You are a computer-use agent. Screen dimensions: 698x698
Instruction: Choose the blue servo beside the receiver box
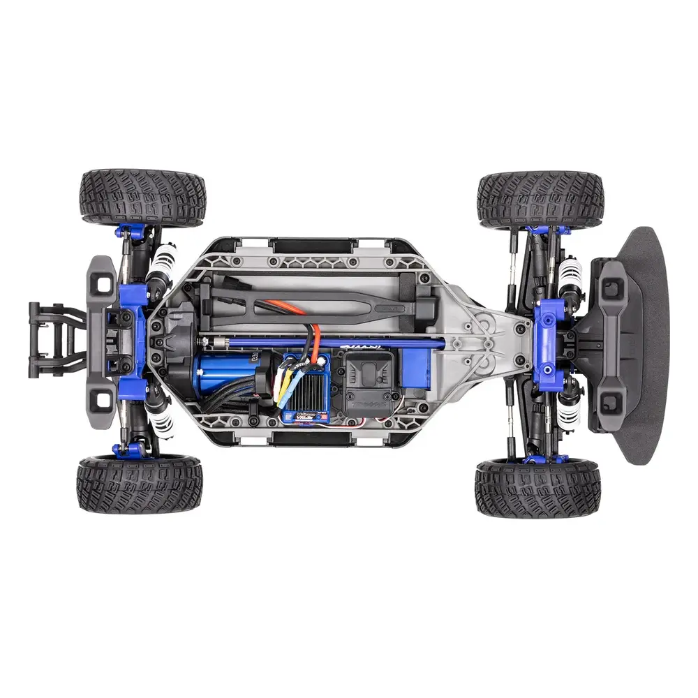[x=417, y=371]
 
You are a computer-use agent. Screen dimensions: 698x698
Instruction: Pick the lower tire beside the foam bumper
[x=537, y=488]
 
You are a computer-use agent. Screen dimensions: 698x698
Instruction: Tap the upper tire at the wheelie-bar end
[x=143, y=197]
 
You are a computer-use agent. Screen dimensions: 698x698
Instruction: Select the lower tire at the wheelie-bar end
[x=140, y=484]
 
